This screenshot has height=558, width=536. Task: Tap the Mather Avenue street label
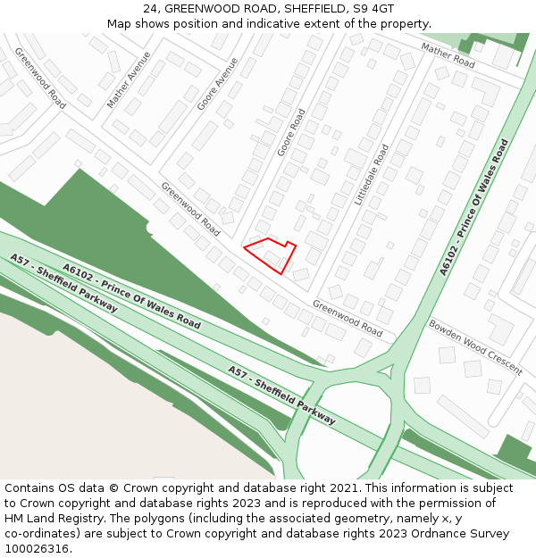(130, 79)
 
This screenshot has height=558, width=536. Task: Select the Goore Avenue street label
(218, 84)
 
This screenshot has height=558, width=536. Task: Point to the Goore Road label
(291, 132)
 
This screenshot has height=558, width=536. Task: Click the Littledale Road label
(373, 175)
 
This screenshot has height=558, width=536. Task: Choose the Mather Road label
(448, 55)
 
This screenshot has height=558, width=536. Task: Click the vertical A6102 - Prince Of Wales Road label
(474, 206)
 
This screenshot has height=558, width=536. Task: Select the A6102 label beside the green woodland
(131, 296)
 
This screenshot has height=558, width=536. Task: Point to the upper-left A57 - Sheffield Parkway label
(63, 282)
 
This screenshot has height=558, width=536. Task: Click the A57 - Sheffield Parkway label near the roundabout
(281, 395)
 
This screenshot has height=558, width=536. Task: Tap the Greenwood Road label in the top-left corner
(39, 78)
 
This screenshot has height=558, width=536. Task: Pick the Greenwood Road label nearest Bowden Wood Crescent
(348, 318)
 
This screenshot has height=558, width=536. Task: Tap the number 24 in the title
(150, 8)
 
